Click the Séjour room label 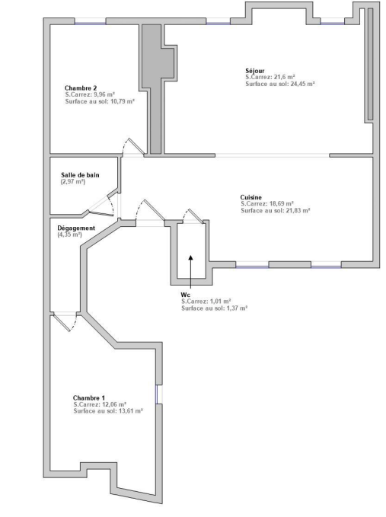(x=255, y=71)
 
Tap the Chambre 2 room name (x=81, y=88)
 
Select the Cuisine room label (x=250, y=197)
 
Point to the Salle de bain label (x=80, y=175)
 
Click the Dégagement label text (x=76, y=228)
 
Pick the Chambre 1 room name (x=88, y=398)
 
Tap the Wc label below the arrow (x=185, y=295)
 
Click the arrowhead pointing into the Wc (x=191, y=258)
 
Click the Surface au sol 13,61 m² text (x=108, y=411)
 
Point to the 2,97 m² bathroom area (x=73, y=182)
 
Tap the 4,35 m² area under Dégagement (x=69, y=235)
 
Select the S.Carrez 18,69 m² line (x=267, y=204)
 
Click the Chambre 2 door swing (x=133, y=146)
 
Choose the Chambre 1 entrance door (x=65, y=322)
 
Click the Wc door (x=193, y=216)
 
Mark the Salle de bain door (x=103, y=206)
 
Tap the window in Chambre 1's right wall (x=159, y=394)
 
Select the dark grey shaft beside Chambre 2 (x=155, y=89)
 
